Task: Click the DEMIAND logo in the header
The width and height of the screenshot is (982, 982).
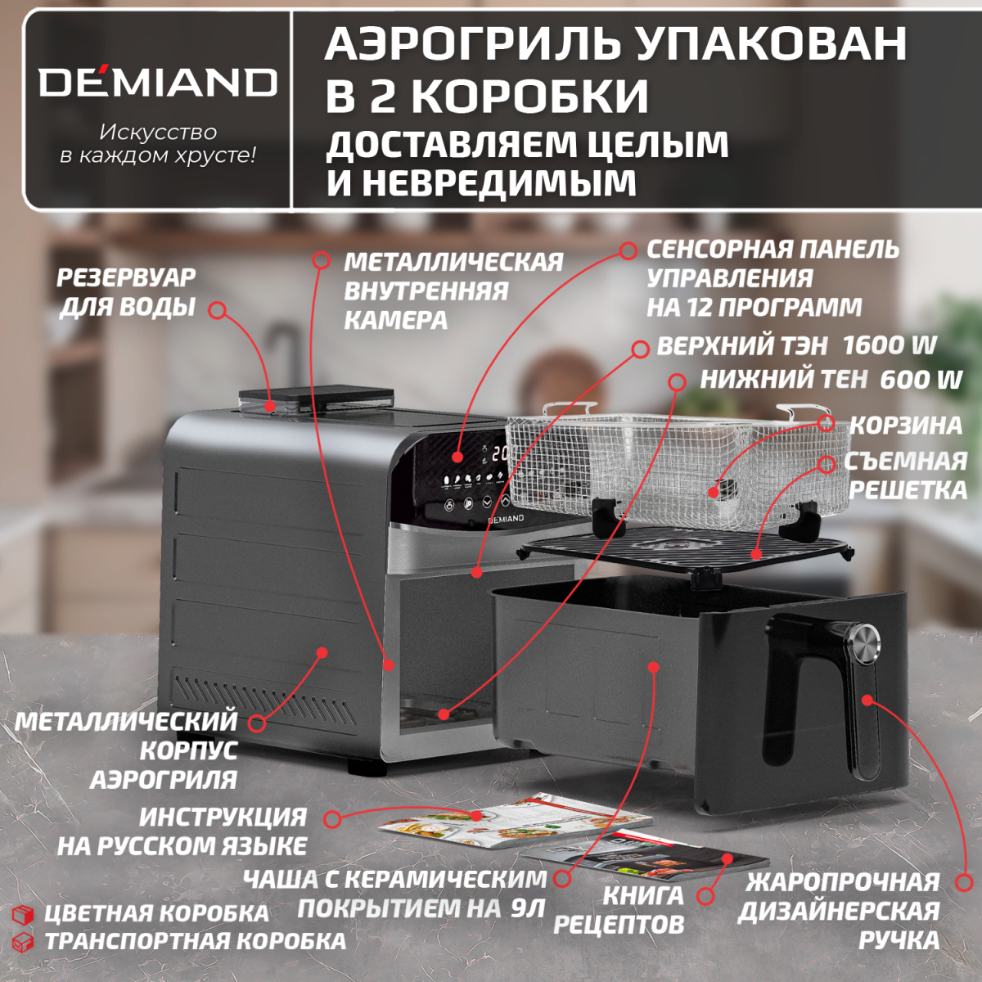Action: click(158, 83)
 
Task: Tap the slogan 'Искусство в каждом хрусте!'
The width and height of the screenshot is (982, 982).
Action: click(158, 143)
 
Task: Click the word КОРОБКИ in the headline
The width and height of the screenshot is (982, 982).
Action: click(529, 96)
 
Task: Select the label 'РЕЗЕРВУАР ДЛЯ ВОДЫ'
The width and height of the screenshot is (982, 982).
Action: click(127, 292)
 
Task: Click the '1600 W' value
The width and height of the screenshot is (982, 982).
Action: click(889, 345)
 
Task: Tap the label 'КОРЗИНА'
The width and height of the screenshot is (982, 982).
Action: click(905, 426)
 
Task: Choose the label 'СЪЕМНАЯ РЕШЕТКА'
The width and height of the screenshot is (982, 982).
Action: click(907, 475)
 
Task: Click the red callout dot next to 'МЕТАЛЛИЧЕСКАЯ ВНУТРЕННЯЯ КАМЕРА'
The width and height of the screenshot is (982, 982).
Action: click(322, 260)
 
